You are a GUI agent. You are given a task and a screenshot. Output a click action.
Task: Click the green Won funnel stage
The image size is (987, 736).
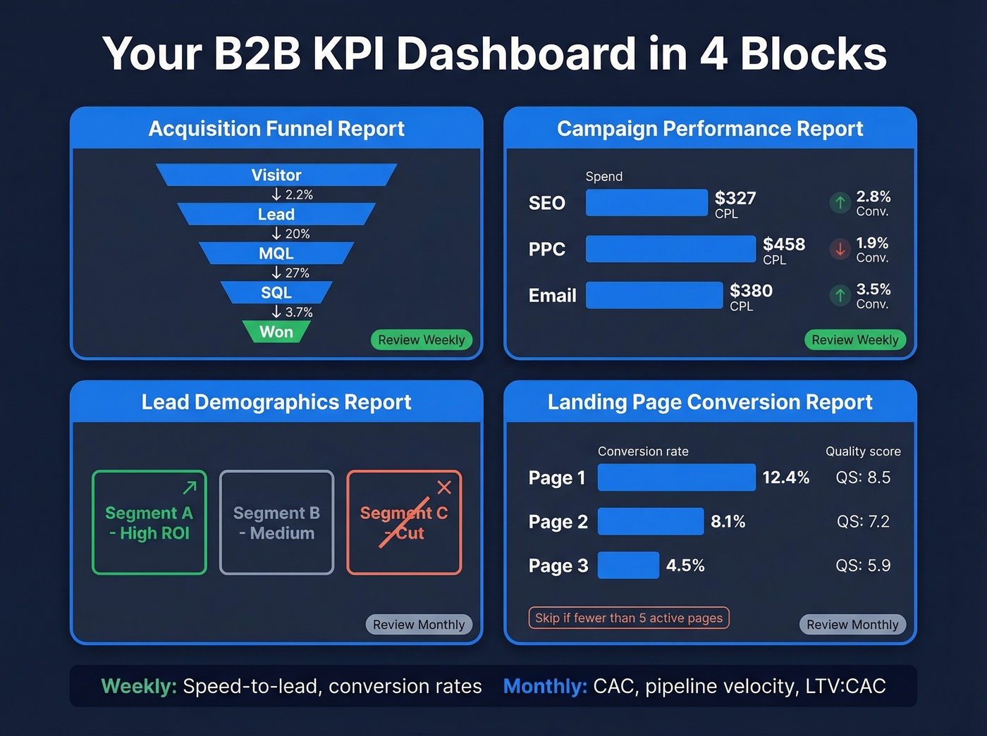[x=276, y=332]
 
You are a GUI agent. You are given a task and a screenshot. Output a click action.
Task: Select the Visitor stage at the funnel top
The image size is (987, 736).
[x=276, y=175]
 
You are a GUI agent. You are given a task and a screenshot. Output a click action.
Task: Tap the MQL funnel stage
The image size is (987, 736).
[x=276, y=254]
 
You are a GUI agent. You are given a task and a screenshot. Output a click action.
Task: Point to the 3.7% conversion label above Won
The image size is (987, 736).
[x=293, y=312]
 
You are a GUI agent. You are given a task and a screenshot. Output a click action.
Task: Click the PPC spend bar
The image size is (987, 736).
[x=670, y=249]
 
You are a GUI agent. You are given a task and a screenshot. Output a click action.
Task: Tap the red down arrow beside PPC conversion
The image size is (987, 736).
[x=840, y=249]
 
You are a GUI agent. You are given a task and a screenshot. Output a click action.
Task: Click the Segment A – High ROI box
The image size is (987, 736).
[x=149, y=523]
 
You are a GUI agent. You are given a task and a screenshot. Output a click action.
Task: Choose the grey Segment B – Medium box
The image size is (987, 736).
[x=276, y=523]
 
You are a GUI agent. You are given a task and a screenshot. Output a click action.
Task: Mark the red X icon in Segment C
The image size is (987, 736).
[x=444, y=487]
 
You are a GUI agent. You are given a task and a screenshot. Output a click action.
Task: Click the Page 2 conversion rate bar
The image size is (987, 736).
[x=650, y=521]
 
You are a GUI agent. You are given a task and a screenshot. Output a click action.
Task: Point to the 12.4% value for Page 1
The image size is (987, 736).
[x=785, y=478]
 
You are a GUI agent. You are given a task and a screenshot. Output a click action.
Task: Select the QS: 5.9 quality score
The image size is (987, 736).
[x=863, y=566]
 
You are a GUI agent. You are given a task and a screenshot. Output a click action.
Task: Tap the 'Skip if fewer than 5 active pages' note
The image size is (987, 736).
[x=628, y=618]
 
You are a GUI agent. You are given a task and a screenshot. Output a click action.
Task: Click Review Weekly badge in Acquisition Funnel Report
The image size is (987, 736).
[x=421, y=340]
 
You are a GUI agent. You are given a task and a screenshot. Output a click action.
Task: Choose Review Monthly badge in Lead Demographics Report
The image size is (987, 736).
[x=419, y=625]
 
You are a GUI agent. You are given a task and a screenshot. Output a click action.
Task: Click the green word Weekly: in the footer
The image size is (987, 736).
[x=139, y=686]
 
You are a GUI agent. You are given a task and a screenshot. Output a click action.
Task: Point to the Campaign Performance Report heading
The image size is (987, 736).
[x=710, y=129]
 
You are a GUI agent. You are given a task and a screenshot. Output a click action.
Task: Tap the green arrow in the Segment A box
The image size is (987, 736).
[x=190, y=487]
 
